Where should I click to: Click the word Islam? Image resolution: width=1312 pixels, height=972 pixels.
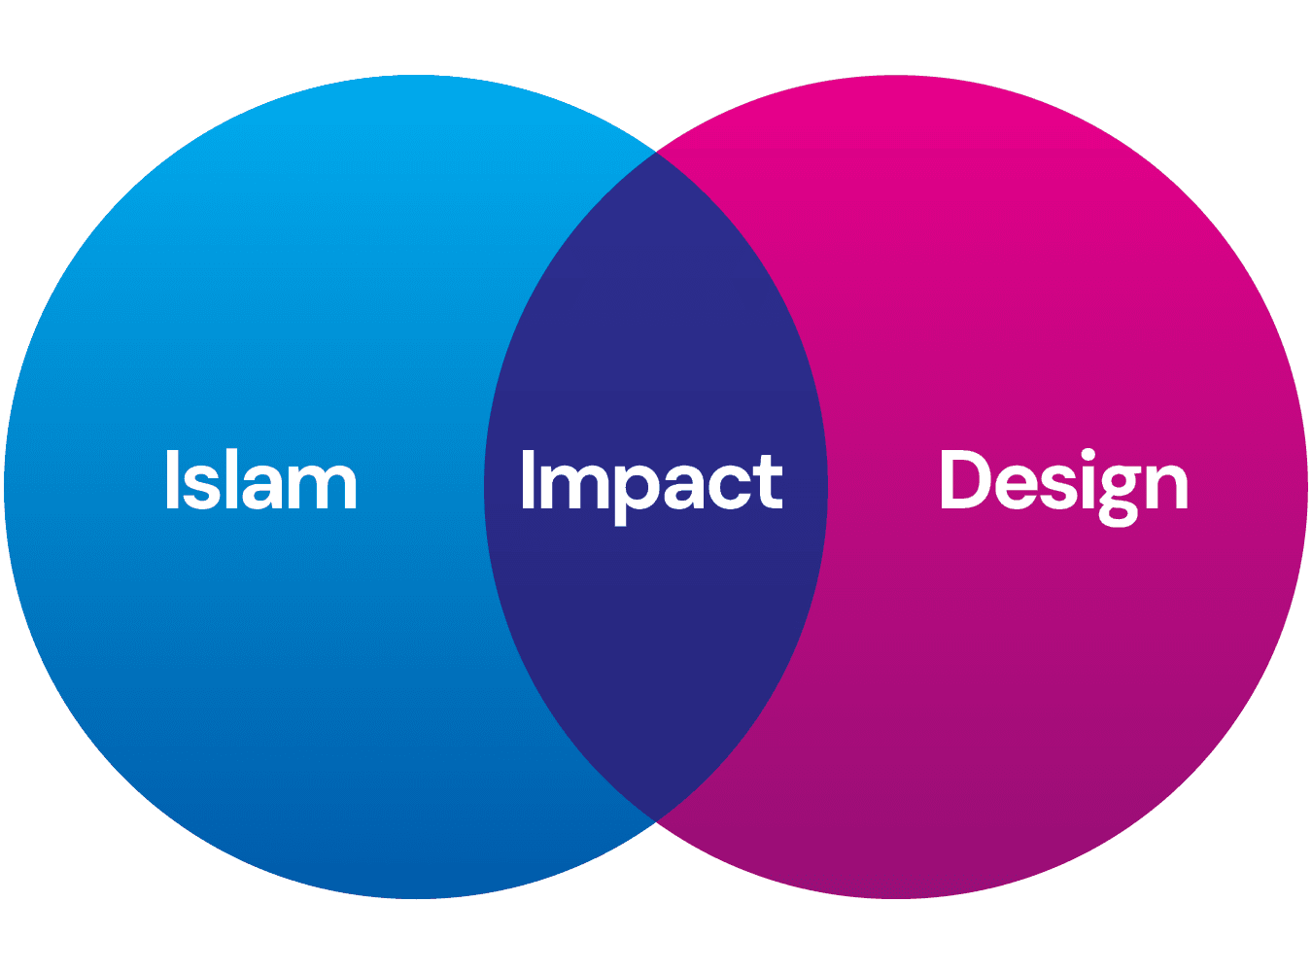click(260, 479)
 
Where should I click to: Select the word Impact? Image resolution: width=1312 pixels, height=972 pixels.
click(651, 481)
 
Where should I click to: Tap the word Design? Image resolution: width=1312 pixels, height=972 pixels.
click(1063, 481)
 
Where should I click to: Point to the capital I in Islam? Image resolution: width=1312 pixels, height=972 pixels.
click(171, 479)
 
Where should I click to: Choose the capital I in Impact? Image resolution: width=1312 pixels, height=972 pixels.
click(527, 480)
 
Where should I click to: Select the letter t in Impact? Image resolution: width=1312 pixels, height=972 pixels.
click(769, 483)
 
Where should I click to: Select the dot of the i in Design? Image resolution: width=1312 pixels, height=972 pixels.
click(1080, 455)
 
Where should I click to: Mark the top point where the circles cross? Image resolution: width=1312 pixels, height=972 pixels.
click(656, 153)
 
